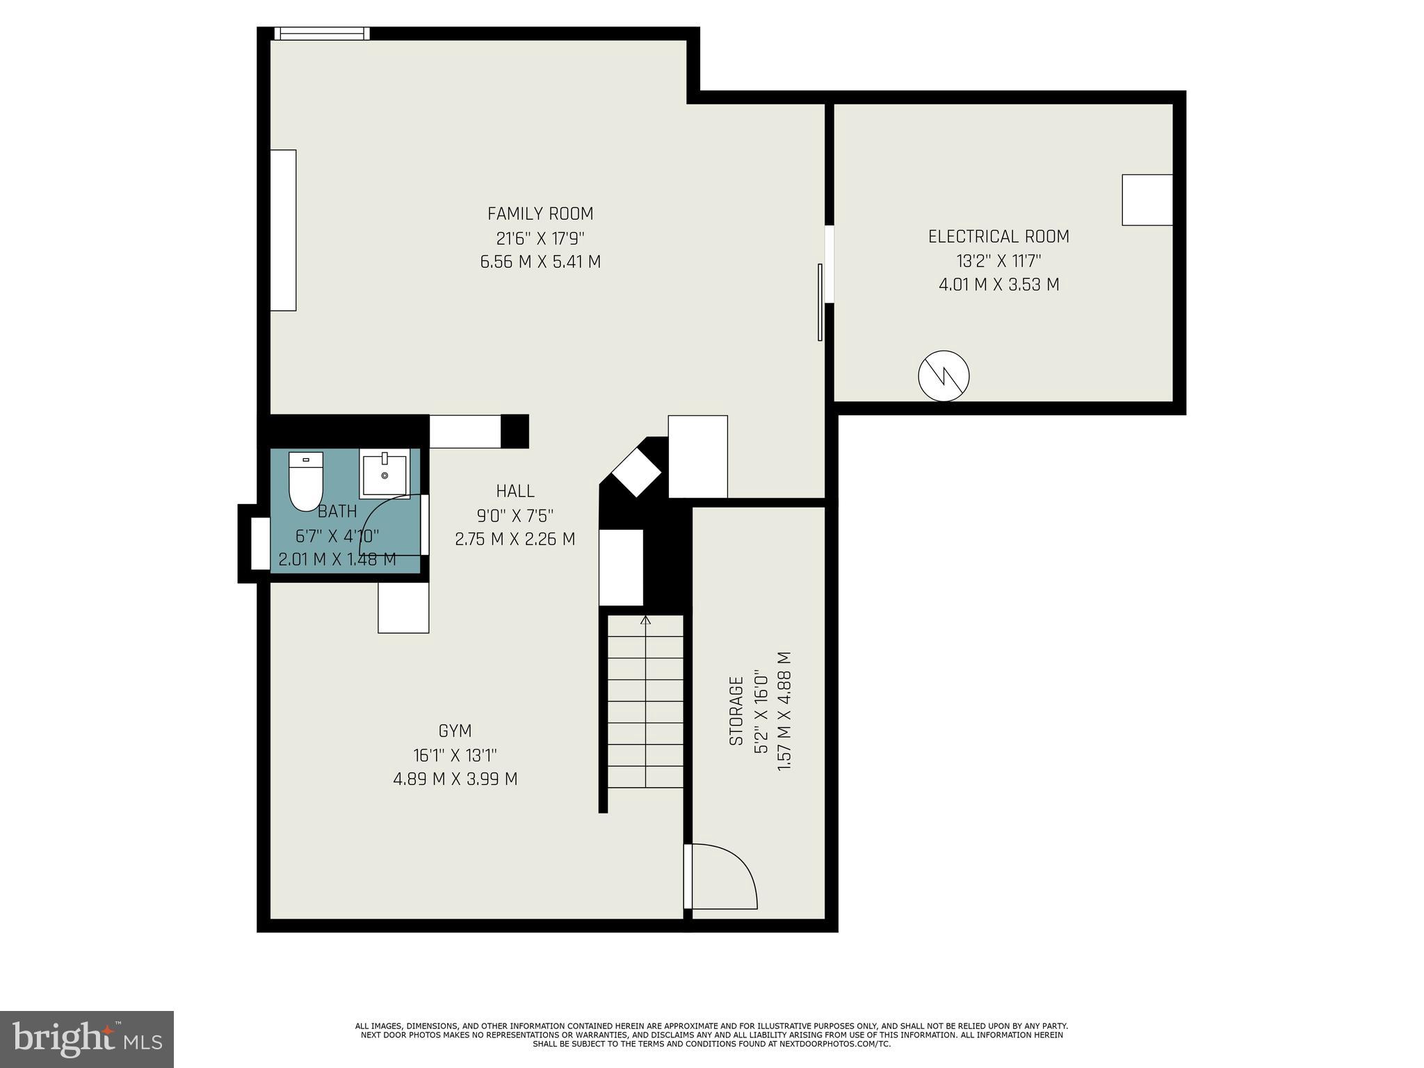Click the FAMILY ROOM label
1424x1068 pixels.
pyautogui.click(x=540, y=213)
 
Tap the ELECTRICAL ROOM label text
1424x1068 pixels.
pyautogui.click(x=998, y=236)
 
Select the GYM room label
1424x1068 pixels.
pyautogui.click(x=455, y=731)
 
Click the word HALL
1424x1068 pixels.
pyautogui.click(x=515, y=491)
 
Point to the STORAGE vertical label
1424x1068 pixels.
pyautogui.click(x=736, y=711)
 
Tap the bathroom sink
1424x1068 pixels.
pyautogui.click(x=385, y=473)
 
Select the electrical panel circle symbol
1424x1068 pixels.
pyautogui.click(x=944, y=376)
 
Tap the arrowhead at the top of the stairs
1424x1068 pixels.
pyautogui.click(x=646, y=620)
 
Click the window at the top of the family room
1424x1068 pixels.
pyautogui.click(x=321, y=33)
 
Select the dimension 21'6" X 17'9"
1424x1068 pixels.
pyautogui.click(x=540, y=238)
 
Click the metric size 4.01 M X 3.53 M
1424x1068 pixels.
pyautogui.click(x=998, y=284)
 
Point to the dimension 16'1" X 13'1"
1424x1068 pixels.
pyautogui.click(x=455, y=755)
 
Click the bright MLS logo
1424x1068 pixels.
pyautogui.click(x=87, y=1039)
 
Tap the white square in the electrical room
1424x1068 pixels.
pyautogui.click(x=1147, y=200)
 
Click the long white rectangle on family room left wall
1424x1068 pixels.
pyautogui.click(x=283, y=230)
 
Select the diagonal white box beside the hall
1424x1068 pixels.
pyautogui.click(x=636, y=471)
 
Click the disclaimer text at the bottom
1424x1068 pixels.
pyautogui.click(x=711, y=1035)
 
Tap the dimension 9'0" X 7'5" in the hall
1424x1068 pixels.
pyautogui.click(x=515, y=515)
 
